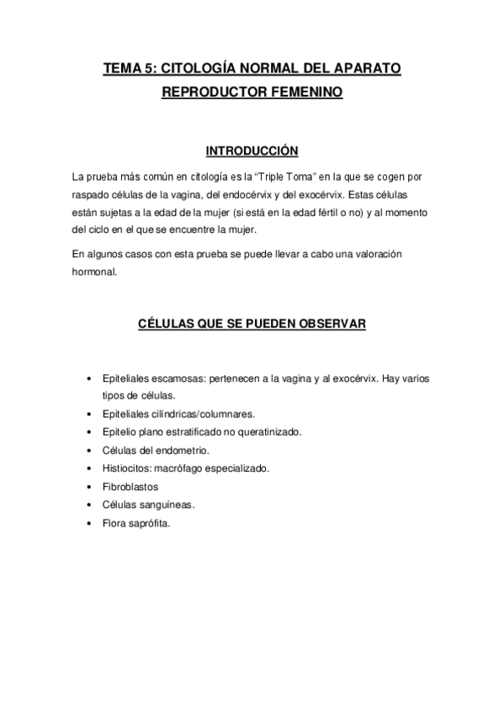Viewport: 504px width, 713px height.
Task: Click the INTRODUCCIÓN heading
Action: pyautogui.click(x=252, y=151)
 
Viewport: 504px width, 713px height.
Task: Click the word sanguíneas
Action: pyautogui.click(x=167, y=504)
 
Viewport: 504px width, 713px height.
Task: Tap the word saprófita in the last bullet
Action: pyautogui.click(x=148, y=522)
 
